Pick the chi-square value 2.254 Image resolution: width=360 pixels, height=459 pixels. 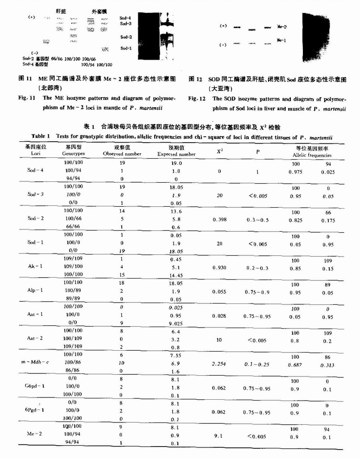220,364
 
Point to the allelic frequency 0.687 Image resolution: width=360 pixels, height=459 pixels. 295,365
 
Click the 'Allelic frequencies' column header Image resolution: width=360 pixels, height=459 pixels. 314,156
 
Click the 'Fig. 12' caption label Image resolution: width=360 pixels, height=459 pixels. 197,98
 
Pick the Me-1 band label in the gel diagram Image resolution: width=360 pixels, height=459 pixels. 282,40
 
